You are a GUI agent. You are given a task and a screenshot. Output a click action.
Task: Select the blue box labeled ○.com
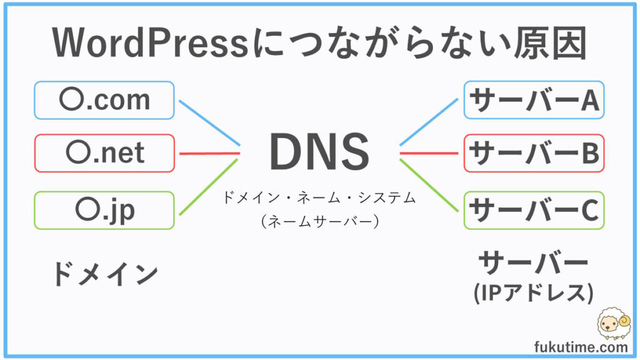click(104, 100)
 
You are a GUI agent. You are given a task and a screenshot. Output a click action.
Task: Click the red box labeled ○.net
click(104, 153)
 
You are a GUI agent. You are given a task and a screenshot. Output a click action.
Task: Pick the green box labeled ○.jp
click(104, 210)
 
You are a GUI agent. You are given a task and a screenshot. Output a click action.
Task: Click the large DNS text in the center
click(319, 151)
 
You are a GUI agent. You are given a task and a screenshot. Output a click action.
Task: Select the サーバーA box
click(534, 100)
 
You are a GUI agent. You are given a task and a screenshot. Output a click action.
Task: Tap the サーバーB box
click(534, 153)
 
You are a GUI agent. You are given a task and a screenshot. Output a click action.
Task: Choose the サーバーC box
click(534, 210)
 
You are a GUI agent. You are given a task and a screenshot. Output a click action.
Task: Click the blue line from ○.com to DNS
click(209, 122)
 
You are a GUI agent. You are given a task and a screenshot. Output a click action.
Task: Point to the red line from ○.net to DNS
click(209, 154)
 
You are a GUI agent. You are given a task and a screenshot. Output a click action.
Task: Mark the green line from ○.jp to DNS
click(209, 187)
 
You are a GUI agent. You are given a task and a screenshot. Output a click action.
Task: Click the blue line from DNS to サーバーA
click(429, 122)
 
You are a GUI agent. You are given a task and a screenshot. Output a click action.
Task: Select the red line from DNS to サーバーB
click(429, 154)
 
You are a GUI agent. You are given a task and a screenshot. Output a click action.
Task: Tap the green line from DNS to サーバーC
click(429, 185)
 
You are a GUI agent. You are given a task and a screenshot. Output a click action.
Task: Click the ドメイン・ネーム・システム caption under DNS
click(319, 198)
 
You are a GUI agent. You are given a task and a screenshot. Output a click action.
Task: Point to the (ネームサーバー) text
click(320, 221)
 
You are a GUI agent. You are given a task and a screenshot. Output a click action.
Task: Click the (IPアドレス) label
click(534, 292)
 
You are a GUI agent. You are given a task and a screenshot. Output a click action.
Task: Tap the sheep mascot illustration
click(614, 324)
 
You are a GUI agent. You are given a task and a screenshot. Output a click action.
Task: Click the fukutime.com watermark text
click(581, 347)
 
